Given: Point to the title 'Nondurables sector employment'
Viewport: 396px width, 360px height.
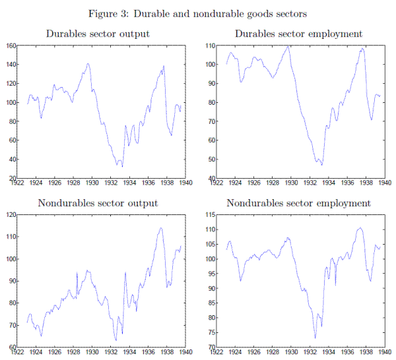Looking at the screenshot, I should click(x=298, y=203).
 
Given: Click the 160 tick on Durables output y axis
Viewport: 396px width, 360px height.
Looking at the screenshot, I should click(x=10, y=45).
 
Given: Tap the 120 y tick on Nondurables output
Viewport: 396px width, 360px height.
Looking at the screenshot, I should click(x=10, y=215).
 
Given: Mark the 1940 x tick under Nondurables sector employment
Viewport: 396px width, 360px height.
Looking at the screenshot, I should click(x=383, y=353).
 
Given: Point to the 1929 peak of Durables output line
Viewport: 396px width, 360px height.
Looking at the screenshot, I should click(x=88, y=64).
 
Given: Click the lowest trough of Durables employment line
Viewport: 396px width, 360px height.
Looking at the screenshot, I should click(x=322, y=164).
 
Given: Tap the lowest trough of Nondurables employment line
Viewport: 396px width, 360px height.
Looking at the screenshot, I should click(x=315, y=338).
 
